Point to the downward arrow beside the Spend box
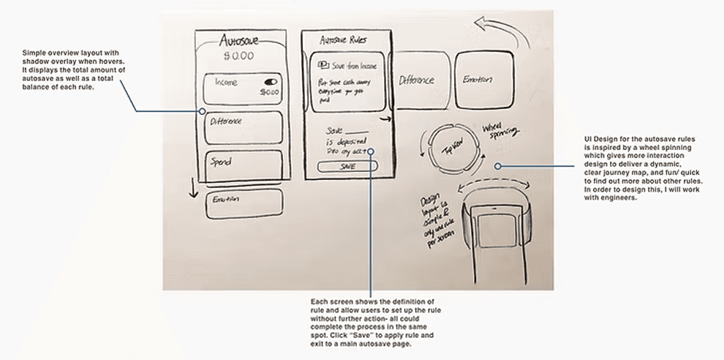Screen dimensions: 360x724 pos(194,188)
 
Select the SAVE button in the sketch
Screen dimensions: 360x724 pos(347,166)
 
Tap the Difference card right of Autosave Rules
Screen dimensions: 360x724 pos(416,80)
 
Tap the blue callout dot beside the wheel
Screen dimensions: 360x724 pos(498,166)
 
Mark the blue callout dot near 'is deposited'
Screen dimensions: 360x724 pos(372,152)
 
